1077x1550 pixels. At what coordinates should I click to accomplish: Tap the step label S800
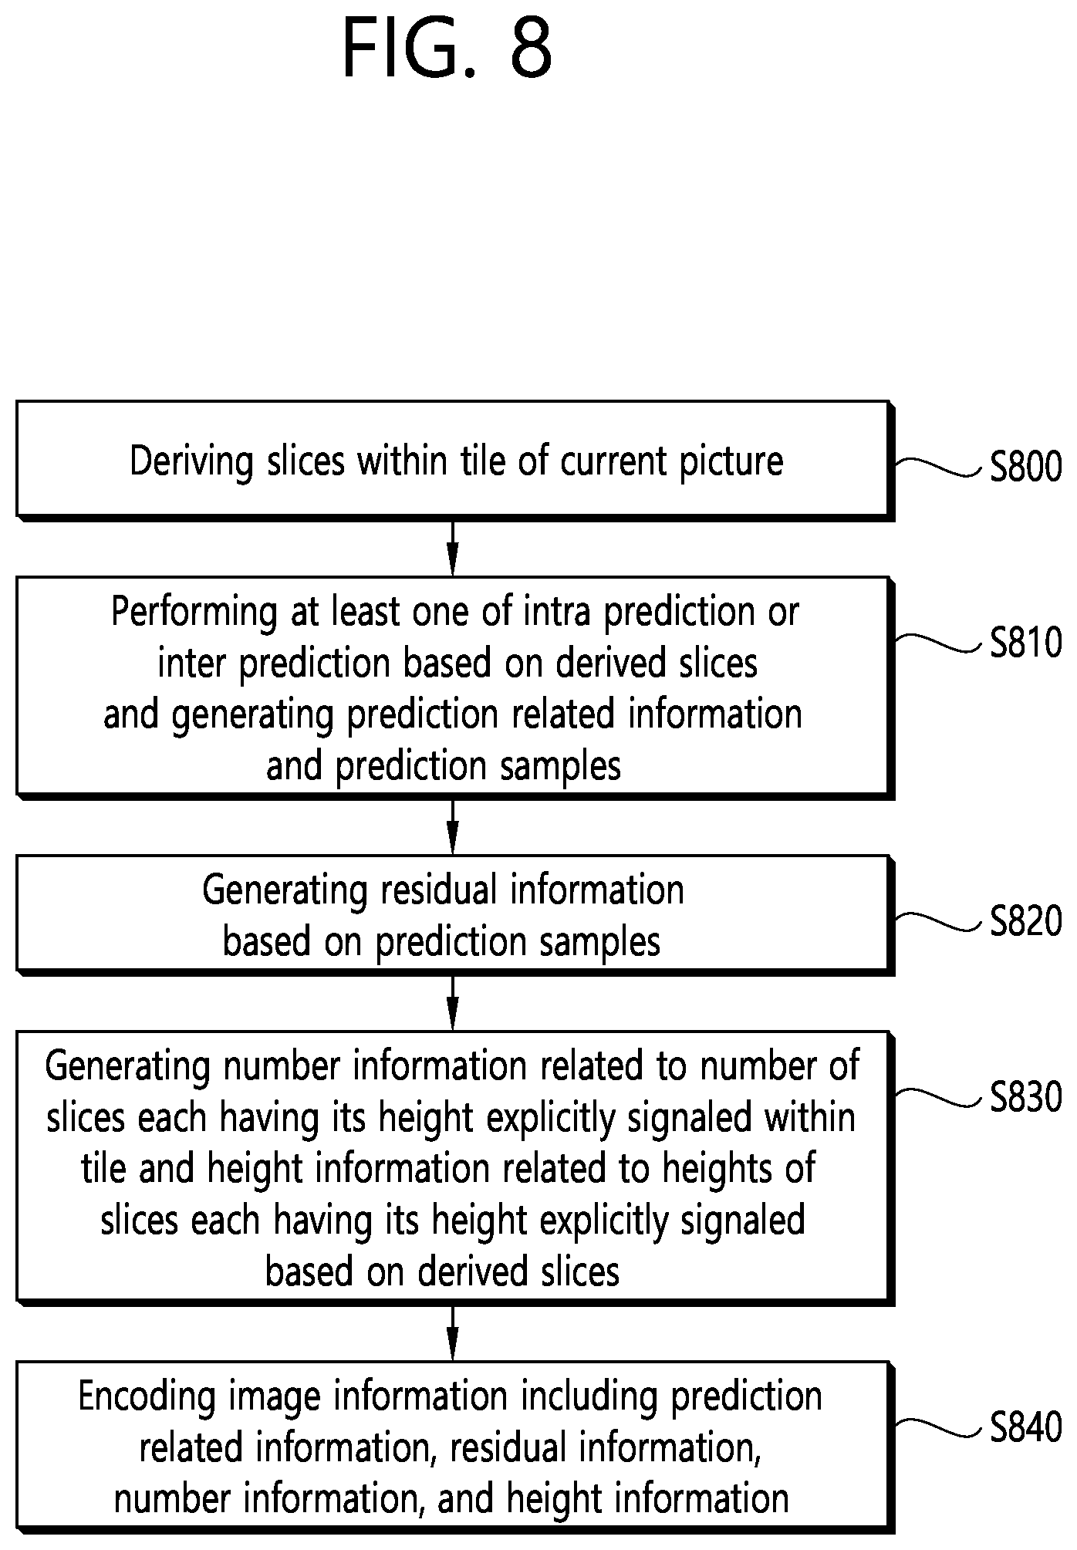[x=1026, y=467]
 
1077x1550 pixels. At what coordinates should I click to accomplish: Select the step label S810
[x=1026, y=643]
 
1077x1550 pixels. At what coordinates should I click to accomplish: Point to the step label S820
[x=1026, y=921]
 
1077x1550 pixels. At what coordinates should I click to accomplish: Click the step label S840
[x=1026, y=1428]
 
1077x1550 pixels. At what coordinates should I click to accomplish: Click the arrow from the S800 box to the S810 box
[x=453, y=548]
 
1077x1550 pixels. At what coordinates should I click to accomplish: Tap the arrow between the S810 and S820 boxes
[x=453, y=826]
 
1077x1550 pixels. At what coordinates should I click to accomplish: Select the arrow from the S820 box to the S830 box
[x=453, y=1002]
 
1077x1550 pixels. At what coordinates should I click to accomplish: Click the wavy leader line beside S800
[x=940, y=467]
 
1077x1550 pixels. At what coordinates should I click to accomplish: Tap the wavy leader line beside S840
[x=940, y=1428]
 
